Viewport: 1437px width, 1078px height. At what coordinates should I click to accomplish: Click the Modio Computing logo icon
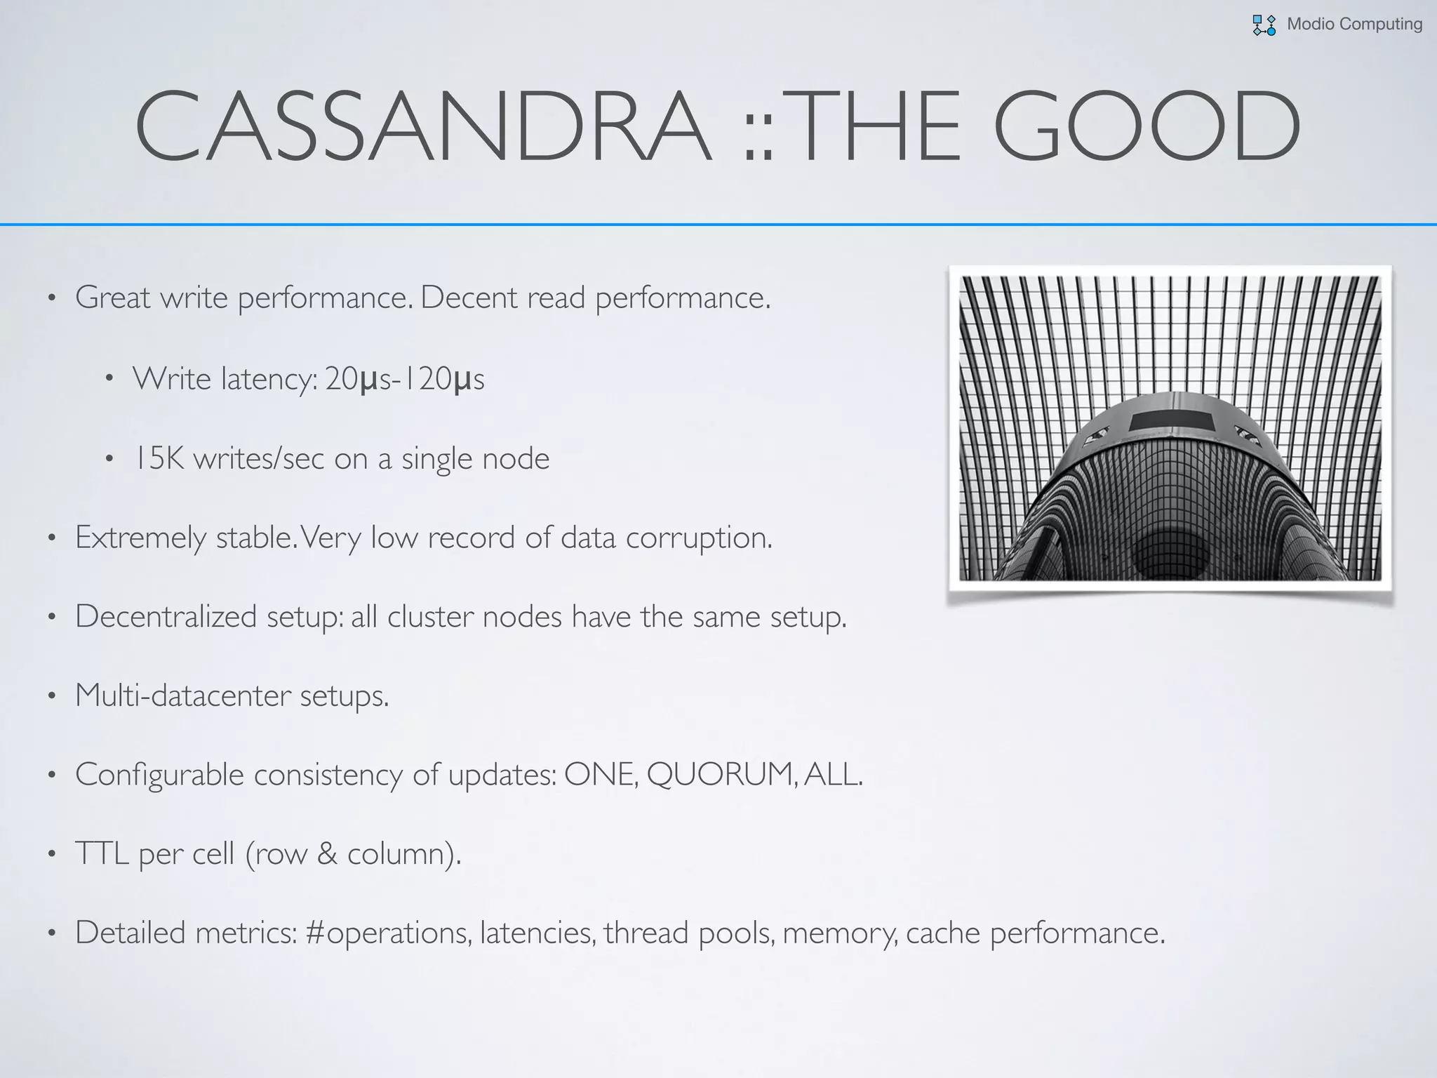1264,25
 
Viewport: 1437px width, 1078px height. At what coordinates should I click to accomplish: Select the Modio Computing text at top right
1354,24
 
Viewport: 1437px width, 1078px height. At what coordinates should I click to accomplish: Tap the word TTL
102,853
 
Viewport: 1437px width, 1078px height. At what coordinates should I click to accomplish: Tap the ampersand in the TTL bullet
327,853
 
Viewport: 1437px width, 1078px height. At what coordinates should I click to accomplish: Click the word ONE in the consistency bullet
601,774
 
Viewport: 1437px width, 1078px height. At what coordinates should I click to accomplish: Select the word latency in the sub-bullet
269,380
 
